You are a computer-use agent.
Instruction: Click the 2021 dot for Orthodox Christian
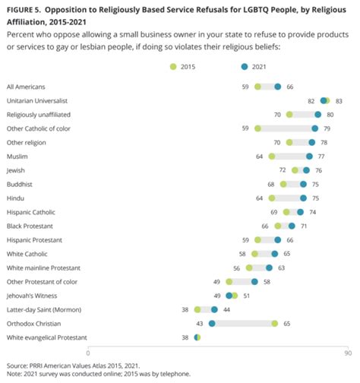click(x=212, y=323)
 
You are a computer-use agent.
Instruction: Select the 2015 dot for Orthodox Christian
click(x=275, y=323)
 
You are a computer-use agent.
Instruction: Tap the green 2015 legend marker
click(x=172, y=68)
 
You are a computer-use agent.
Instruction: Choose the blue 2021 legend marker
click(x=244, y=68)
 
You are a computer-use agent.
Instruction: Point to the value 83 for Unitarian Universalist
click(x=339, y=100)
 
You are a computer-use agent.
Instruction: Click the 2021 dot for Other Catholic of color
click(x=315, y=128)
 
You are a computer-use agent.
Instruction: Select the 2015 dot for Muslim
click(x=272, y=156)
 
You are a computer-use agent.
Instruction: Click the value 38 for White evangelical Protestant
click(x=185, y=337)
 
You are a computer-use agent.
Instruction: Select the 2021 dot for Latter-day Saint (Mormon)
click(x=215, y=309)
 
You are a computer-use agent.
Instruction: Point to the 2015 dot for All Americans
click(x=258, y=87)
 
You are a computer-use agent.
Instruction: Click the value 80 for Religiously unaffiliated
click(x=331, y=115)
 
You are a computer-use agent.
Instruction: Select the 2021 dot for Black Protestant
click(x=292, y=226)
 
